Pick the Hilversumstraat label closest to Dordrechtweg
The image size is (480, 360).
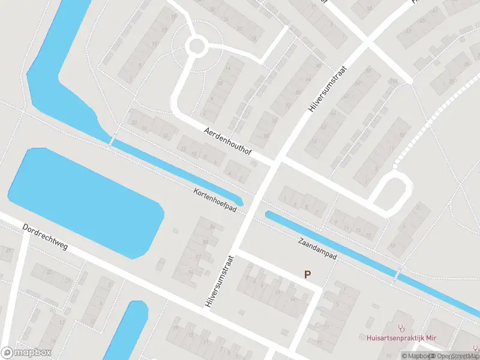218,281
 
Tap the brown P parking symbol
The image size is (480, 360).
307,275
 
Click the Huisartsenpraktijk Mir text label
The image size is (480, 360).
401,338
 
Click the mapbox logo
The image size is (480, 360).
26,353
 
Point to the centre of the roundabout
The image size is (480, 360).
196,46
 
